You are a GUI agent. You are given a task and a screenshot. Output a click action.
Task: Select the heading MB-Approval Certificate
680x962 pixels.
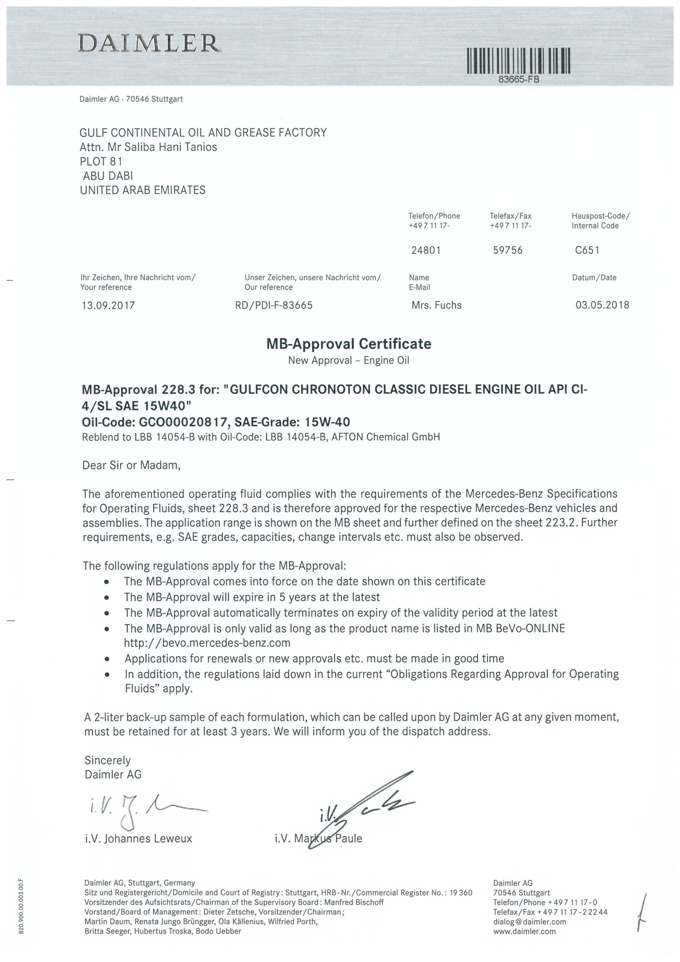(348, 344)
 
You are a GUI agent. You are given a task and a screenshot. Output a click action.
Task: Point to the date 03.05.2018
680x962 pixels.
(602, 305)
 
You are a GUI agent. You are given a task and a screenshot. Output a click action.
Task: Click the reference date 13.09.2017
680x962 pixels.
(109, 306)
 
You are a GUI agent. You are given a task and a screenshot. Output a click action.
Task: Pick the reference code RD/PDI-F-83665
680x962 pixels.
(274, 306)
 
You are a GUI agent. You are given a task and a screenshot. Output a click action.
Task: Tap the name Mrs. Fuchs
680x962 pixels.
(436, 306)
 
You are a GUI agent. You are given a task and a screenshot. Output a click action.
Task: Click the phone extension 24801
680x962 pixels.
(426, 250)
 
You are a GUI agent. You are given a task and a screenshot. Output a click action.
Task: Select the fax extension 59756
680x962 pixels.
(508, 250)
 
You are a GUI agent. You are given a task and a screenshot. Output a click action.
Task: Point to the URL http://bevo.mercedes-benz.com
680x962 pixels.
(207, 643)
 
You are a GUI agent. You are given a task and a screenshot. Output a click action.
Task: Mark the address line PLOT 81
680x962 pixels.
(101, 161)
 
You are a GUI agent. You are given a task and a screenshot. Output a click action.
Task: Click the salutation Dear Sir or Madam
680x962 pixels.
(131, 465)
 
